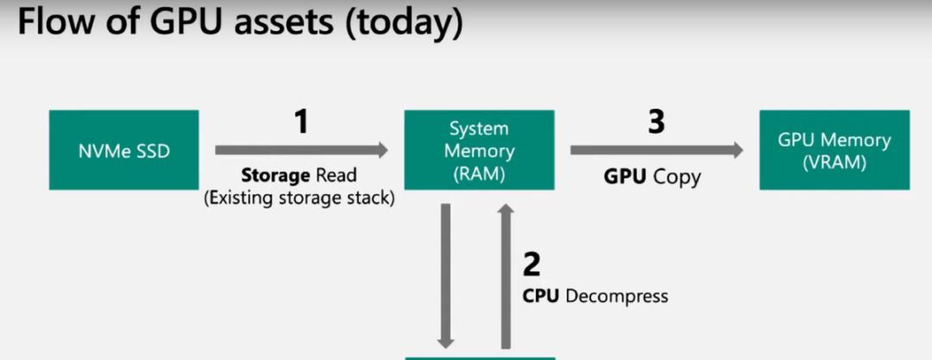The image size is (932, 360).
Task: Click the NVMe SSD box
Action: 123,150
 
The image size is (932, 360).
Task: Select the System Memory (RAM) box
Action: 479,150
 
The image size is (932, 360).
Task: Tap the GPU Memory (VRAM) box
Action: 834,150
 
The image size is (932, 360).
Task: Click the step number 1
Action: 300,123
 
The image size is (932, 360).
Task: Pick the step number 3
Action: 656,123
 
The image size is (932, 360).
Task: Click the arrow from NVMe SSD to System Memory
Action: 301,150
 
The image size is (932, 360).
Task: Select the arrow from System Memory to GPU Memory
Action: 656,150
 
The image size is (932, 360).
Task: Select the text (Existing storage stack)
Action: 299,199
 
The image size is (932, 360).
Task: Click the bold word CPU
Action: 542,296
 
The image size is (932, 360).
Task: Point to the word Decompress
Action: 617,296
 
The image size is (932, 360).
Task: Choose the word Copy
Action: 677,177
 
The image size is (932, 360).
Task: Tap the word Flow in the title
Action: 54,23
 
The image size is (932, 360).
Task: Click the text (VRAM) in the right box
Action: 834,161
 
